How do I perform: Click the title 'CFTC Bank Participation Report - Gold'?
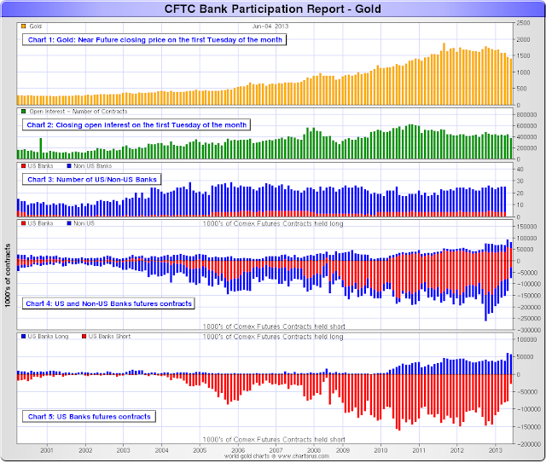(273, 9)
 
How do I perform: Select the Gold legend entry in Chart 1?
(32, 27)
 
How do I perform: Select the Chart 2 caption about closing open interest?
(136, 124)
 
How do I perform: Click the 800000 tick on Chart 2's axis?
(526, 113)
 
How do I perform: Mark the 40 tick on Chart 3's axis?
(519, 169)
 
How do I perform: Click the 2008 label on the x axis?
(314, 449)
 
